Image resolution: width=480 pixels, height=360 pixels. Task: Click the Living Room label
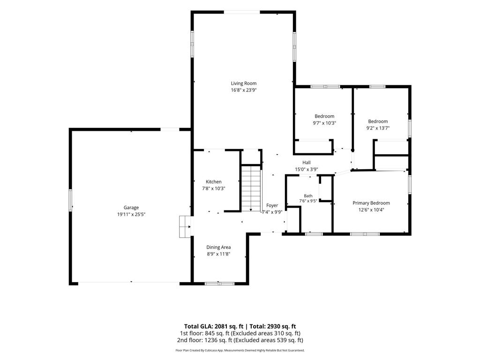click(x=244, y=83)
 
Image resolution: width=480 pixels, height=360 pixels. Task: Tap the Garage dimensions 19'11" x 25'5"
click(x=131, y=214)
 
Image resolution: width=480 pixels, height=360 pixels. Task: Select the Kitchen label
click(x=213, y=181)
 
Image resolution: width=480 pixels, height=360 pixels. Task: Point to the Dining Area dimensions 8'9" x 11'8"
click(x=218, y=254)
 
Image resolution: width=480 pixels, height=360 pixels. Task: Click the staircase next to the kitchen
click(x=251, y=188)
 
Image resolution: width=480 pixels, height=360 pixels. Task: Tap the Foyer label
click(x=272, y=205)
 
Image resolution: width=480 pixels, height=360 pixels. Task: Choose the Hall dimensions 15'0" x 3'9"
click(x=307, y=169)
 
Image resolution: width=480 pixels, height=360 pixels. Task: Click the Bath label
click(x=308, y=196)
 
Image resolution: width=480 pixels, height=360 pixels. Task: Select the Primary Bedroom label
click(x=371, y=203)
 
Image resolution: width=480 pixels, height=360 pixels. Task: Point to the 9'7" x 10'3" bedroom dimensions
click(x=324, y=123)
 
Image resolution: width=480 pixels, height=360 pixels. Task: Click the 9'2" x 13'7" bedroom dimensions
click(x=378, y=128)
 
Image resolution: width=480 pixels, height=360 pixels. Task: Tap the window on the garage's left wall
click(x=70, y=200)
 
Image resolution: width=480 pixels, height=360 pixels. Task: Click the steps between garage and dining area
click(x=185, y=227)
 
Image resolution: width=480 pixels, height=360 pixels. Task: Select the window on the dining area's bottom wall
click(x=219, y=284)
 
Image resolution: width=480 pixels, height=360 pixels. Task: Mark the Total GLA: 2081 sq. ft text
click(x=214, y=326)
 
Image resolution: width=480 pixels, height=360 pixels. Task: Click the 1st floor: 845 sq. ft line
click(x=240, y=333)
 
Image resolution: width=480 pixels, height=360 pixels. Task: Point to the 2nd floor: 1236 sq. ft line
click(x=240, y=340)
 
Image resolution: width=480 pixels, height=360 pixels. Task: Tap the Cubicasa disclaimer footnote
click(x=240, y=350)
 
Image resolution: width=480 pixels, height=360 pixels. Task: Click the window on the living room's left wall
click(x=192, y=44)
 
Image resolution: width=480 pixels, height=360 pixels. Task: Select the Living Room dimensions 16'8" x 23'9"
click(x=244, y=90)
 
